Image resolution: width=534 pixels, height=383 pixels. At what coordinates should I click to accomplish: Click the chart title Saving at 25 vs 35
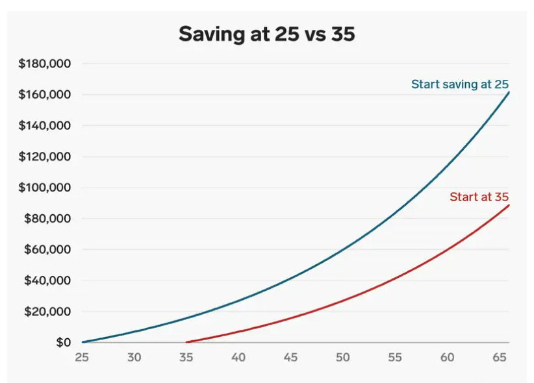click(x=266, y=34)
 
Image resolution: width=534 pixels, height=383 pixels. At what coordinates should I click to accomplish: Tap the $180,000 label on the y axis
click(x=45, y=64)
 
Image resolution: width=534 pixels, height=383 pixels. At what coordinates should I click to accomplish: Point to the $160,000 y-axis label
click(x=45, y=95)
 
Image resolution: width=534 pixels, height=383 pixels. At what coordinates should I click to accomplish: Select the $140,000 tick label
click(x=45, y=125)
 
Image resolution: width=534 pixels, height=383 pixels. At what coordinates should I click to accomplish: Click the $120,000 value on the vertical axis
click(x=45, y=156)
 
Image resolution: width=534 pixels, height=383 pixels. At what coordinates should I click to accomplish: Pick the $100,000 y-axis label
click(x=45, y=188)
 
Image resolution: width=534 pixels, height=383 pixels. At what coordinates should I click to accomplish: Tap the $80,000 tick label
click(x=47, y=219)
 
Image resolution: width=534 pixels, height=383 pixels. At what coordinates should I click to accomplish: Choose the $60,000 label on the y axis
click(x=47, y=249)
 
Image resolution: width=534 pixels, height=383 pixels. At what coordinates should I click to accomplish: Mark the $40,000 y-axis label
click(x=47, y=280)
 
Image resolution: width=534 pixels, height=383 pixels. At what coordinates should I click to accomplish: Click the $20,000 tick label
click(x=47, y=312)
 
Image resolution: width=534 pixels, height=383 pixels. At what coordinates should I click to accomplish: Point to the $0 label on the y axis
click(x=63, y=342)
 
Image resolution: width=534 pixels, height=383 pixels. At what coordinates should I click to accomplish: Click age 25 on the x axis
click(x=82, y=357)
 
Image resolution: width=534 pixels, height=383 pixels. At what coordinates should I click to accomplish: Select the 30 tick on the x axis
click(x=134, y=357)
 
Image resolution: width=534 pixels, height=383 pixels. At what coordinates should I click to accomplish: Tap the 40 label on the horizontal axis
click(x=238, y=357)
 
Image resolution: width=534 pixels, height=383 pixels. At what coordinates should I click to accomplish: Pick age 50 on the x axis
click(x=342, y=357)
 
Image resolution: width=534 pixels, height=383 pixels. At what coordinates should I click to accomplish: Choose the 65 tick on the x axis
click(x=498, y=357)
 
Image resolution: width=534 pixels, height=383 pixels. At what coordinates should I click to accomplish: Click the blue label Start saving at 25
click(x=459, y=84)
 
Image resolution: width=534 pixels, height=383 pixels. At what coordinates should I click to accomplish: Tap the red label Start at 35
click(x=479, y=197)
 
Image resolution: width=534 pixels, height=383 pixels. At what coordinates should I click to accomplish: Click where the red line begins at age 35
click(x=187, y=341)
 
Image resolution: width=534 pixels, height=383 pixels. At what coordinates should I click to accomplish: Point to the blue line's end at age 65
click(x=509, y=92)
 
